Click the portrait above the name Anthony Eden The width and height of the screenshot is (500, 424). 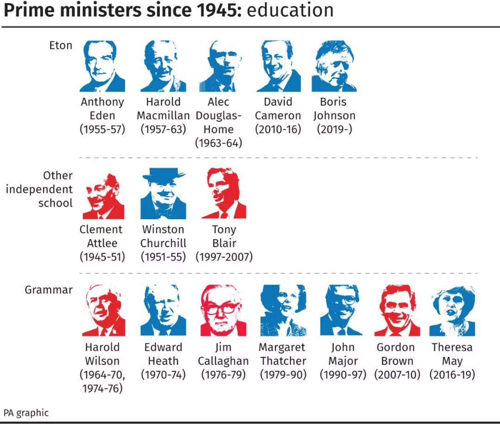coord(102,66)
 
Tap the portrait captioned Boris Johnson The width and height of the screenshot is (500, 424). coord(334,66)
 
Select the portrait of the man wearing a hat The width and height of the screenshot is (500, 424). coord(163,193)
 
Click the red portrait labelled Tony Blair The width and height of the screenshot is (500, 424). coord(224,193)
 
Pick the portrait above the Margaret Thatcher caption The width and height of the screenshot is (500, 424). coord(283,310)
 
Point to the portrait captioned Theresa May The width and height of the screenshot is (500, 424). coord(452,310)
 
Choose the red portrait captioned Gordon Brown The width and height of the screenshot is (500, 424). coord(397,310)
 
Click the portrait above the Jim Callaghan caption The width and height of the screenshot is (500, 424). coord(223,310)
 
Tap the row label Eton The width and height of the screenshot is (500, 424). coord(61,45)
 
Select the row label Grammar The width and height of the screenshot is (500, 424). coord(49,290)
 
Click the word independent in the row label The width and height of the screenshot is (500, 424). coord(39,190)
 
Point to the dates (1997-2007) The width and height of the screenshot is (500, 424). coord(224,257)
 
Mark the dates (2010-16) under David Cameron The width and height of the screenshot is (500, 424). coord(278,129)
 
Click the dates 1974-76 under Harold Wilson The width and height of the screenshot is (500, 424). coord(102,388)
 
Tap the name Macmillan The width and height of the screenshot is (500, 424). coord(163,116)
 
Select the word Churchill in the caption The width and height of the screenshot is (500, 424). coord(163,243)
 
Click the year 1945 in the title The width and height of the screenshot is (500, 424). coord(212,10)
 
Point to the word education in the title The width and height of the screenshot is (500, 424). coord(290,10)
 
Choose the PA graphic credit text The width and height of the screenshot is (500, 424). coord(26,412)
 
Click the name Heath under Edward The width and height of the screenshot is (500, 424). coord(163,361)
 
